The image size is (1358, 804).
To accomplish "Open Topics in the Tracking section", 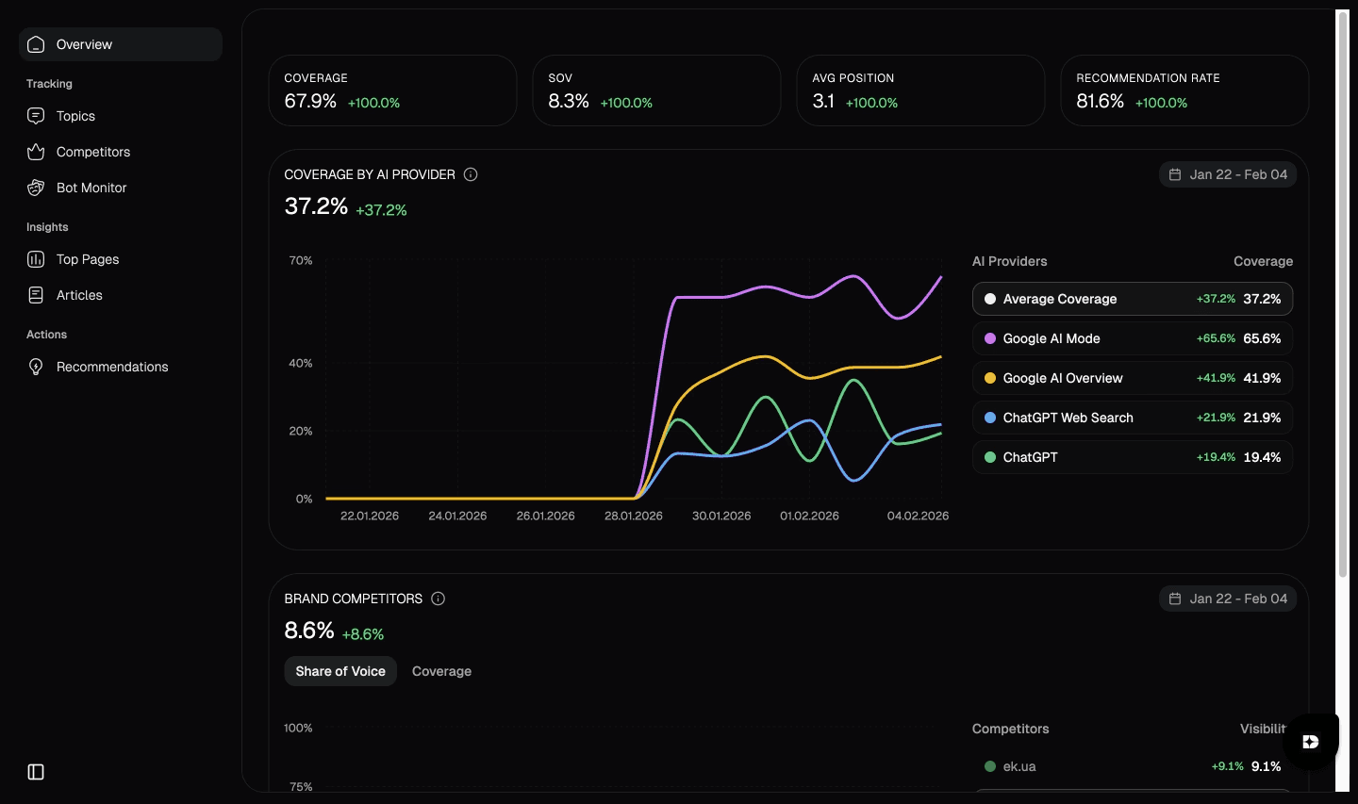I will [75, 116].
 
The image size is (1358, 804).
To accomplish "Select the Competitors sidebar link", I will [92, 152].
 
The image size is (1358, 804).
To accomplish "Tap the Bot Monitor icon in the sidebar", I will [36, 188].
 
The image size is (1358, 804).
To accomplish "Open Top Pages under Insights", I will [87, 259].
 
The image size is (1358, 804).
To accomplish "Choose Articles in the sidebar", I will [79, 295].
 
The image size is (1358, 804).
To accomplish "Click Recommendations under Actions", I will [111, 367].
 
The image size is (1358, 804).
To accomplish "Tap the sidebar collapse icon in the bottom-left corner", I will [36, 772].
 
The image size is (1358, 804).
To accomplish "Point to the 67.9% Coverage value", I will [310, 101].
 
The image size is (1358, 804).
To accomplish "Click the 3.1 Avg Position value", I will [823, 101].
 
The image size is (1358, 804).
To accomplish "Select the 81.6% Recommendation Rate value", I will [1100, 101].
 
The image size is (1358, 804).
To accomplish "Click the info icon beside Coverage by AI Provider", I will [471, 174].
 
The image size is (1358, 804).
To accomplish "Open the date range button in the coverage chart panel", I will [1227, 174].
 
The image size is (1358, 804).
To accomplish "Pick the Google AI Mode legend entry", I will [1051, 338].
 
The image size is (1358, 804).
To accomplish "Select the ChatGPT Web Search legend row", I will [1068, 418].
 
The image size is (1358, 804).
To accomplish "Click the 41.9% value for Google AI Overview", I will [1262, 378].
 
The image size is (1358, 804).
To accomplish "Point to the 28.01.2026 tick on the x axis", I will [633, 516].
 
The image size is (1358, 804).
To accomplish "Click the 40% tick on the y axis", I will [300, 363].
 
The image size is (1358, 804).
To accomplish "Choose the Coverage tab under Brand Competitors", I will [441, 671].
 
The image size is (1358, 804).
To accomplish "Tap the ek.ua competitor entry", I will [1018, 766].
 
